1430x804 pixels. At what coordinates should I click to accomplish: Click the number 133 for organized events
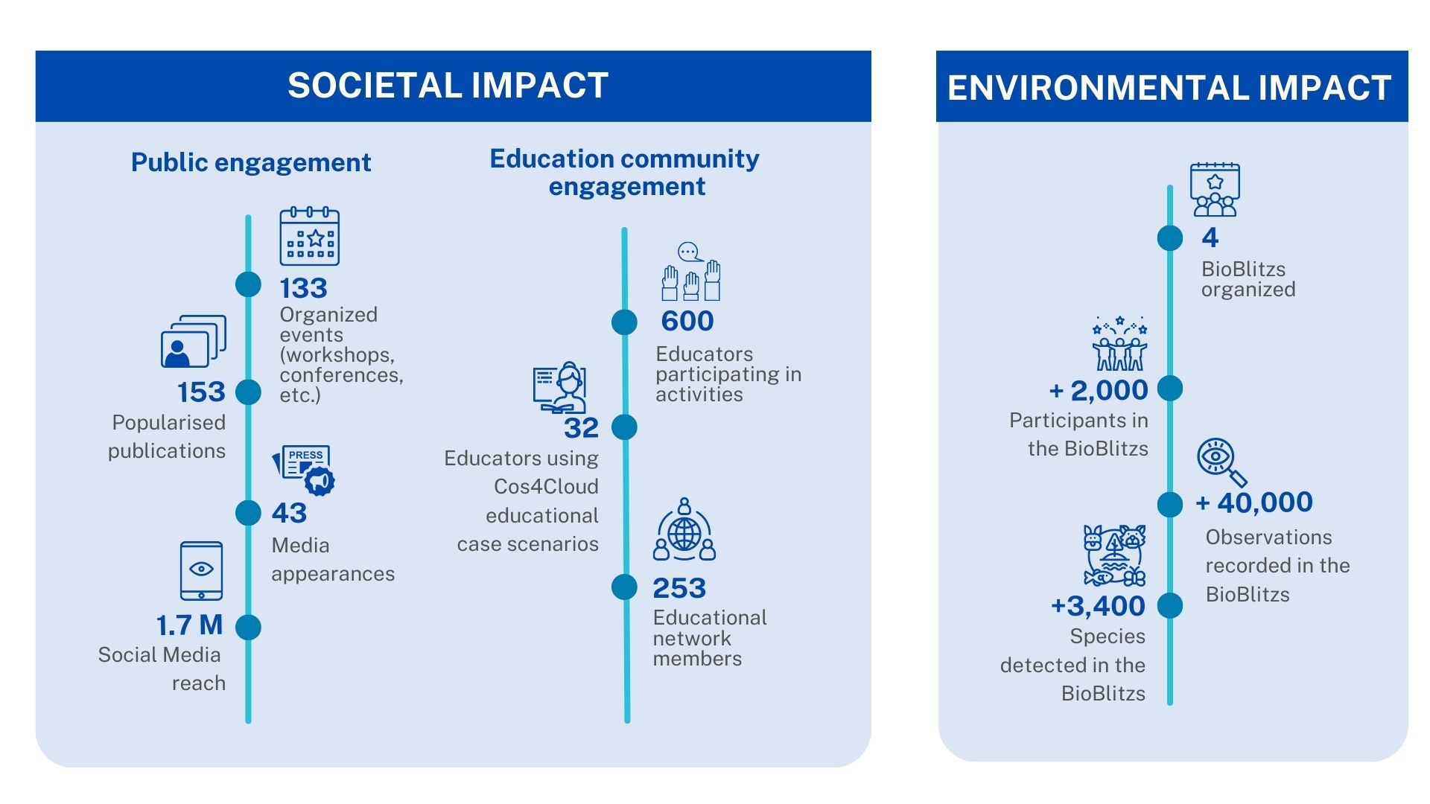click(303, 288)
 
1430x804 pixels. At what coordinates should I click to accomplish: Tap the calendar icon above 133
click(309, 236)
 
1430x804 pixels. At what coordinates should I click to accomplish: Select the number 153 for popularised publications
click(201, 392)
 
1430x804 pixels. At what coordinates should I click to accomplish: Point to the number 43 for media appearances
click(289, 513)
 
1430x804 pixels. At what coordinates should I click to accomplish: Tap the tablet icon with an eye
click(201, 571)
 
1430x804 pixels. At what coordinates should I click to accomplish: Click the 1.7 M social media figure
click(189, 625)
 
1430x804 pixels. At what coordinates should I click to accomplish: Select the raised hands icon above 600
click(691, 272)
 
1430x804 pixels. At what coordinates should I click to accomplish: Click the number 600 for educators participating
click(687, 321)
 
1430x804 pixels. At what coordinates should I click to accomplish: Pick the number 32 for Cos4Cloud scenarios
click(581, 428)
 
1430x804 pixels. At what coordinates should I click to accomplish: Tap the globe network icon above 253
click(684, 529)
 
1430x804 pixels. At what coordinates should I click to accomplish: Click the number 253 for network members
click(679, 588)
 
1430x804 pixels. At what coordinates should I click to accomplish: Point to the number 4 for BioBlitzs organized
click(1210, 237)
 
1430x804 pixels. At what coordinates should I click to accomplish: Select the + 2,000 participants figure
click(1099, 390)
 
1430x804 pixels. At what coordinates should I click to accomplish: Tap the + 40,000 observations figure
click(1254, 502)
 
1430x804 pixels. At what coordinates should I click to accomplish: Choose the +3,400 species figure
click(1098, 606)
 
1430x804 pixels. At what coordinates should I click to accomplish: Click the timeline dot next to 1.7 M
click(248, 628)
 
